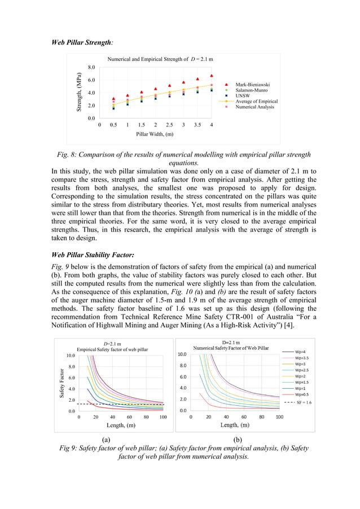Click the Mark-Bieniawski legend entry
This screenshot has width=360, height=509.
[x=251, y=84]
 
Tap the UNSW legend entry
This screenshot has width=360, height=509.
[x=243, y=95]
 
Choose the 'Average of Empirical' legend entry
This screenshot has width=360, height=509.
[x=256, y=101]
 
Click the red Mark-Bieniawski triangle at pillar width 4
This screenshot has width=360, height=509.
[x=211, y=76]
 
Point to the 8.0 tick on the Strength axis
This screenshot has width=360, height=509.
[x=91, y=68]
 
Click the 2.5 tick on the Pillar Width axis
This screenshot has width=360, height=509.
[x=169, y=125]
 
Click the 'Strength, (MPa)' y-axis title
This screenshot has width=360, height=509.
[x=80, y=93]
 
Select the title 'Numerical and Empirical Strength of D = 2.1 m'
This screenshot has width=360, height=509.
[x=160, y=59]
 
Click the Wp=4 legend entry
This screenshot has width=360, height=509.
[x=302, y=351]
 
